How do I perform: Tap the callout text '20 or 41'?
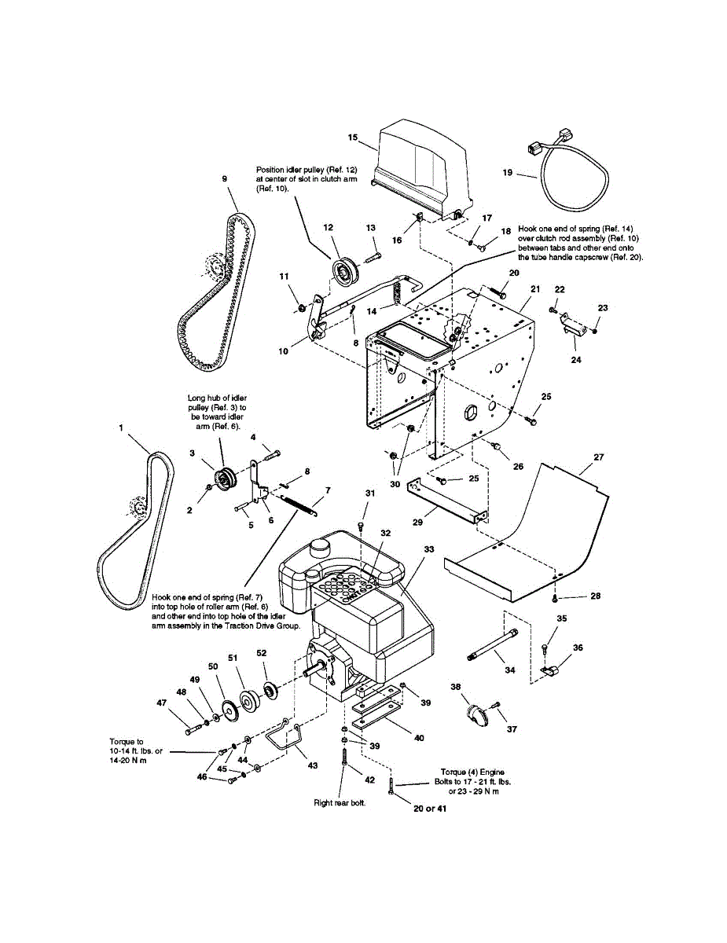430,809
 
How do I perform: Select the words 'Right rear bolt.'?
340,803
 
